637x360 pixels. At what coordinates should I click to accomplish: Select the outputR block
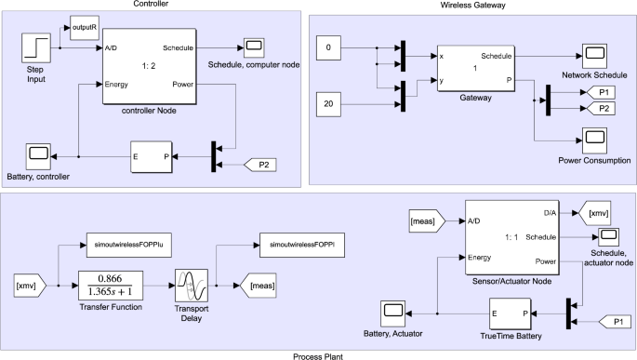point(84,28)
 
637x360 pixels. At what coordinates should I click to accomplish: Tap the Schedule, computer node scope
point(253,47)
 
